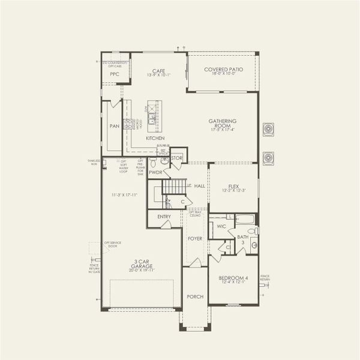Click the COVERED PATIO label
[223, 70]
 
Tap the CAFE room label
[158, 71]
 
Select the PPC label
[115, 74]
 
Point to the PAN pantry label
[114, 127]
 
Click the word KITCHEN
[155, 139]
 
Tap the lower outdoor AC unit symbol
[268, 157]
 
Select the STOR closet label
[177, 159]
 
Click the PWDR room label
[156, 172]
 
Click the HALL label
[199, 186]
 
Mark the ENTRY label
[164, 217]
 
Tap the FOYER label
[195, 238]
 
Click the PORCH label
[195, 296]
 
